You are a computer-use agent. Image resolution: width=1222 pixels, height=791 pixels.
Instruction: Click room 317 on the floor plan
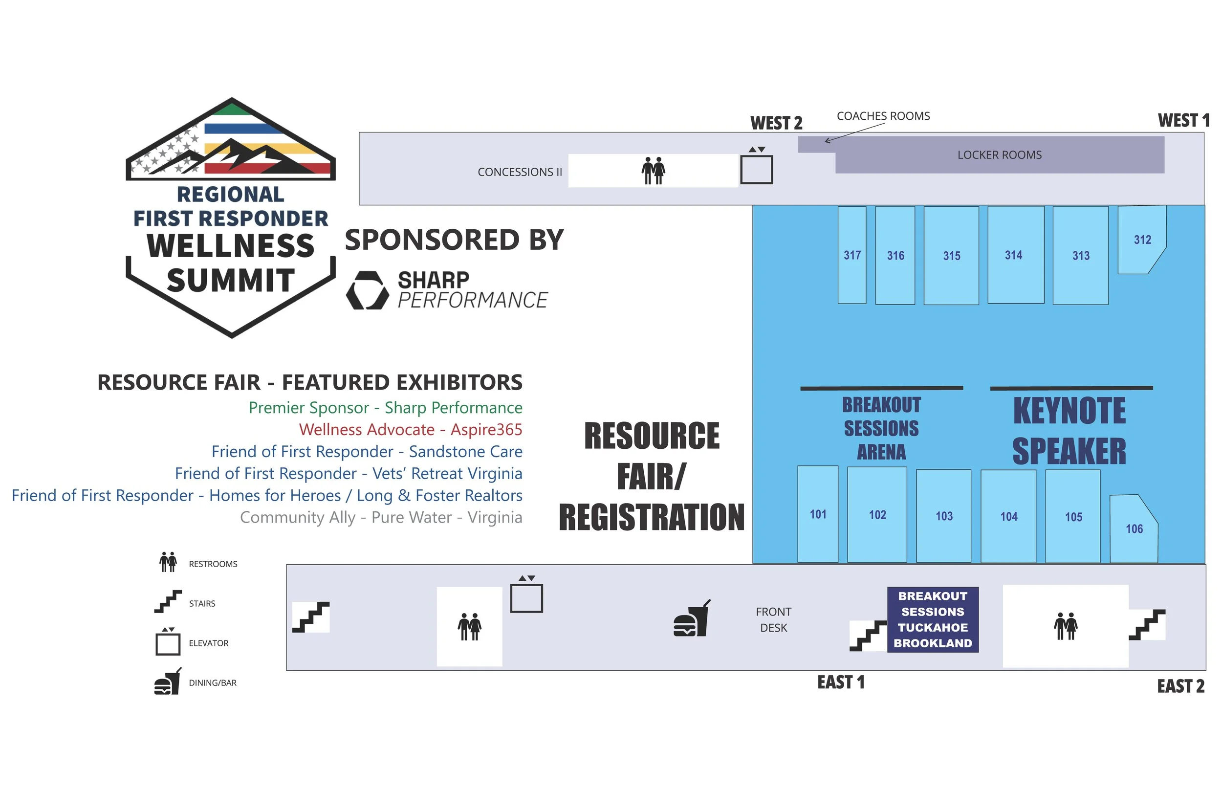(852, 255)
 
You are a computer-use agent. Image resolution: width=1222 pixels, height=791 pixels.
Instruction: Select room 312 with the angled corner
(1142, 240)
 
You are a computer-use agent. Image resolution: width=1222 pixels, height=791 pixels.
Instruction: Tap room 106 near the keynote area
(1134, 528)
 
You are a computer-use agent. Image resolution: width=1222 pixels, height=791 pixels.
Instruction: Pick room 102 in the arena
(877, 514)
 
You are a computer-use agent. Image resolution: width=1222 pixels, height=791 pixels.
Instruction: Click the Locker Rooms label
(999, 154)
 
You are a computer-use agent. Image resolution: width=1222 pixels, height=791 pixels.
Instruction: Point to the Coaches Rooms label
(883, 116)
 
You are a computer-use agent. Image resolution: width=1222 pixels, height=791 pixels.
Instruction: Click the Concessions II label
(520, 172)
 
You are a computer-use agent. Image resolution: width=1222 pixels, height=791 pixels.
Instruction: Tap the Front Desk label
(773, 619)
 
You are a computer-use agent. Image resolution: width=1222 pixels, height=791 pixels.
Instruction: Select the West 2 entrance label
(776, 123)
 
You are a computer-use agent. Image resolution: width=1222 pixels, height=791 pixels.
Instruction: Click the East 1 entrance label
(841, 682)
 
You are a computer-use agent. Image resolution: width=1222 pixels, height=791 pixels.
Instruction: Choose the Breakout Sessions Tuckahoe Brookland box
(933, 619)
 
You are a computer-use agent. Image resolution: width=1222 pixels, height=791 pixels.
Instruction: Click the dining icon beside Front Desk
(692, 618)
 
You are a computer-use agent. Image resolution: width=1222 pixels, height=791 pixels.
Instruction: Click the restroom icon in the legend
(168, 562)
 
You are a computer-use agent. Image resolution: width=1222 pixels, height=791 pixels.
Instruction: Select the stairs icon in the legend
(168, 601)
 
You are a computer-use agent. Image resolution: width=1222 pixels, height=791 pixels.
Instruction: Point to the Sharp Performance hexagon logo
(368, 290)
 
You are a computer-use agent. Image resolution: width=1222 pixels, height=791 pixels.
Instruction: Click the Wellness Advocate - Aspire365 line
(410, 429)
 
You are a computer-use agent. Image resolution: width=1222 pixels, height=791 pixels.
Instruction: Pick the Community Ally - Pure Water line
(381, 517)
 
